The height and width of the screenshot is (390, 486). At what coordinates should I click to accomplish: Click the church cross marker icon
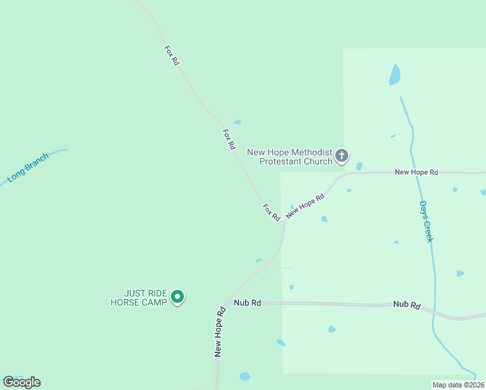coord(342,156)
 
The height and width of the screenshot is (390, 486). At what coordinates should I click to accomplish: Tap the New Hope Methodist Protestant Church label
coord(290,157)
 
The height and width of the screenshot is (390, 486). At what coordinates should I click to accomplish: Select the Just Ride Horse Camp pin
coord(177,298)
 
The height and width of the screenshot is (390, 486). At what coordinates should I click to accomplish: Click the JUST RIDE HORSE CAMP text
coord(138,298)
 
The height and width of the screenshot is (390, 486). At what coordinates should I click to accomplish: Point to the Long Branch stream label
coord(28,167)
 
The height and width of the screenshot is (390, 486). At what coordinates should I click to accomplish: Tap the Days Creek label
coord(426,221)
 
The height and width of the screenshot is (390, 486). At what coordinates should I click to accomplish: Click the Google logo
coord(21,382)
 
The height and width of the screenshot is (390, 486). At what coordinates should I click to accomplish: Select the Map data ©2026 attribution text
coord(459,385)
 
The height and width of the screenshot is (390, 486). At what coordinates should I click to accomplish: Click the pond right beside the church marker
coord(359,166)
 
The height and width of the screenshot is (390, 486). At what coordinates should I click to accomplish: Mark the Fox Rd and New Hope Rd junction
coord(285,222)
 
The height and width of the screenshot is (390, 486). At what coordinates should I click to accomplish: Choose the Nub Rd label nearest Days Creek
coord(407,305)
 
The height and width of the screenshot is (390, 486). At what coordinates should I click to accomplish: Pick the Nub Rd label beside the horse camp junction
coord(248,303)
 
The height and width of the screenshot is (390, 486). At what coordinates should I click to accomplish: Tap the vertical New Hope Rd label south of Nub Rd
coord(220,331)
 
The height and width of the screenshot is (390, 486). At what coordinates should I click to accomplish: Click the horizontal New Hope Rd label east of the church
coord(416,172)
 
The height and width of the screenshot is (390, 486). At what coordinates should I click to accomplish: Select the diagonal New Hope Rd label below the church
coord(305,205)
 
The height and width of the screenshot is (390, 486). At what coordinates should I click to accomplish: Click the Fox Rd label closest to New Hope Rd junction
coord(271,211)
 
